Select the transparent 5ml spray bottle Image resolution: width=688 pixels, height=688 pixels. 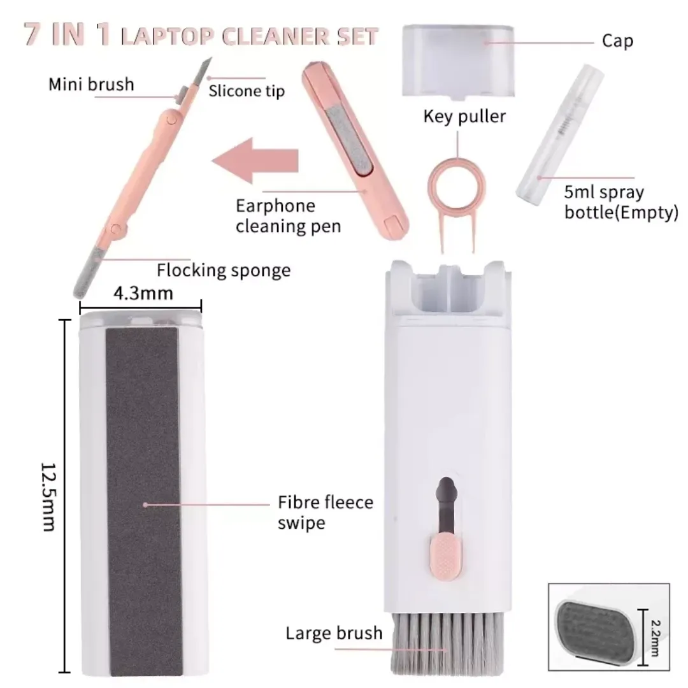pos(561,133)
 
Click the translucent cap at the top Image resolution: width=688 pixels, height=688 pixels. pos(458,61)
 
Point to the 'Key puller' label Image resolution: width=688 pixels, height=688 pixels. pos(464,117)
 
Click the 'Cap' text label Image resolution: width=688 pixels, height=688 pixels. pos(617,41)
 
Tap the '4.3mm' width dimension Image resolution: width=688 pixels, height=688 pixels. pos(143,293)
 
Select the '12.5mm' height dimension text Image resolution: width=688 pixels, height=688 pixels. pos(48,496)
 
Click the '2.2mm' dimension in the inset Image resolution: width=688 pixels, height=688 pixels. pos(654,638)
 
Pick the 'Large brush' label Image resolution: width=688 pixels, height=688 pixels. pos(334,633)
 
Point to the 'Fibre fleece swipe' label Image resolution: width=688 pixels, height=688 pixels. pos(326,512)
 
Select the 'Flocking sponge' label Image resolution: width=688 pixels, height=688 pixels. pos(224,270)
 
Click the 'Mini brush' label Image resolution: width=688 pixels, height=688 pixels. pos(91,84)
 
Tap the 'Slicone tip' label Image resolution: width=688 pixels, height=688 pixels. pos(247,91)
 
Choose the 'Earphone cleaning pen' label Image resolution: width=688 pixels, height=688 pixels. pos(289,216)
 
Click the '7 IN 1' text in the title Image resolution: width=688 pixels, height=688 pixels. pos(67,34)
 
